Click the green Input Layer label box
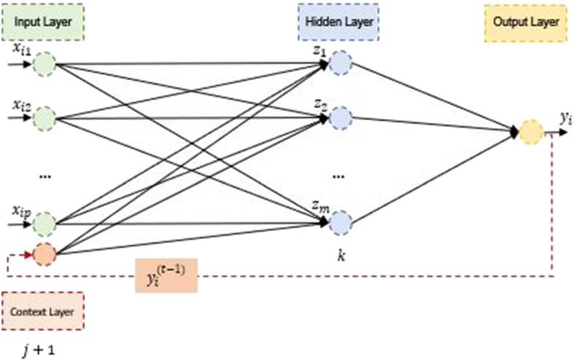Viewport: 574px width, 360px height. (44, 22)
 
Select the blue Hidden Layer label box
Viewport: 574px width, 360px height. (337, 22)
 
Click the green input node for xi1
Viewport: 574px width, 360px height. (44, 65)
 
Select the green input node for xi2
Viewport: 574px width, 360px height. (44, 117)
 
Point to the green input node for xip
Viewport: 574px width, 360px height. (44, 222)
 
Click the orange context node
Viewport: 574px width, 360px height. (44, 254)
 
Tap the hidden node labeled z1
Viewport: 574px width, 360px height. (341, 65)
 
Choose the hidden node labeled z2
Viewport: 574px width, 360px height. (341, 117)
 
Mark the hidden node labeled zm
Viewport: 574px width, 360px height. (341, 222)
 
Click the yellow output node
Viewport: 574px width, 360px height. (530, 133)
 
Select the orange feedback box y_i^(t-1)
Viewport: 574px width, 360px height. (166, 276)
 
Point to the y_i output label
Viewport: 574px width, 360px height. (565, 117)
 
